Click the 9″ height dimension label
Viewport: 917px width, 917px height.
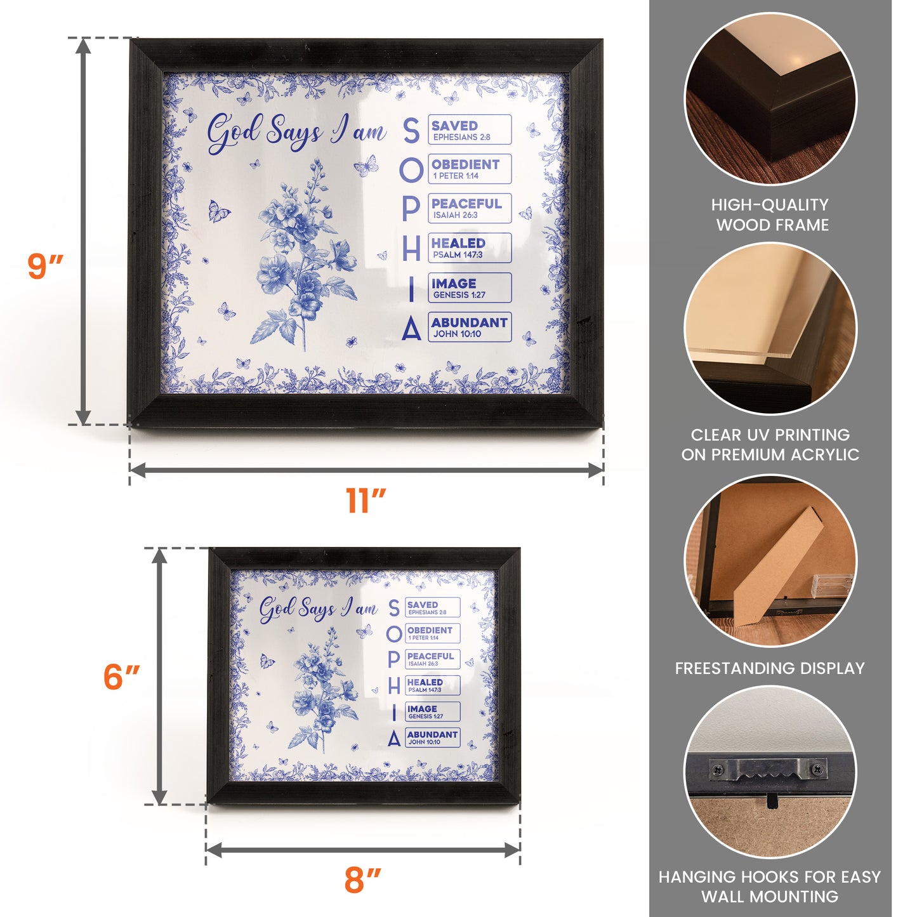[46, 266]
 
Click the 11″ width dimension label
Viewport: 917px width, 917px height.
[366, 501]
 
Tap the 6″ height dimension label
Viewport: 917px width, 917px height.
[121, 676]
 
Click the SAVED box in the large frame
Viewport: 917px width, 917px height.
[469, 130]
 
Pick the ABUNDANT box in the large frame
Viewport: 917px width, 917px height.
[469, 327]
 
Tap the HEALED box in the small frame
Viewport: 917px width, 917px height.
[432, 685]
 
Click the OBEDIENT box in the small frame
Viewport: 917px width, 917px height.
[432, 633]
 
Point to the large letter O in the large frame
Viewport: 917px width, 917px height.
[411, 170]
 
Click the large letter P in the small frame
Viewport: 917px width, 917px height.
[394, 659]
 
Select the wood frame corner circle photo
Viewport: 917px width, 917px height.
[770, 100]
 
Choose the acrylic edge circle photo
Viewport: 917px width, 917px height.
[770, 329]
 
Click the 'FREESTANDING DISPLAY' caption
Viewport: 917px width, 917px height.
[770, 668]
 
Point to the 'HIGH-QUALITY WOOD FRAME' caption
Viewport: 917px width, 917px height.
[770, 215]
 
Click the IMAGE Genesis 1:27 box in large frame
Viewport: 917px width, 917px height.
[469, 288]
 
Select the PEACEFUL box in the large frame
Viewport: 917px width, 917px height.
[469, 209]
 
